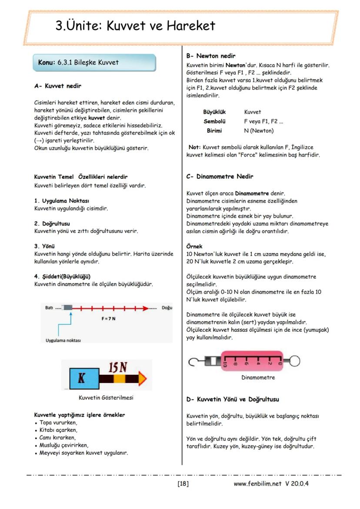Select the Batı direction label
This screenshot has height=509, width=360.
(x=49, y=308)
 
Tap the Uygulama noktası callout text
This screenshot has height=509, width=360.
(x=63, y=340)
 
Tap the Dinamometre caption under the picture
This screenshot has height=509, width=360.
(x=258, y=378)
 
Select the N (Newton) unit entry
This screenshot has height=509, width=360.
(x=259, y=130)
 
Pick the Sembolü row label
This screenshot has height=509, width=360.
(x=214, y=121)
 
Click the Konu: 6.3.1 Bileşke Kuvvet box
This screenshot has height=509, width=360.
(x=94, y=63)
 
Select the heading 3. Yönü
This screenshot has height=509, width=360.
(x=43, y=246)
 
